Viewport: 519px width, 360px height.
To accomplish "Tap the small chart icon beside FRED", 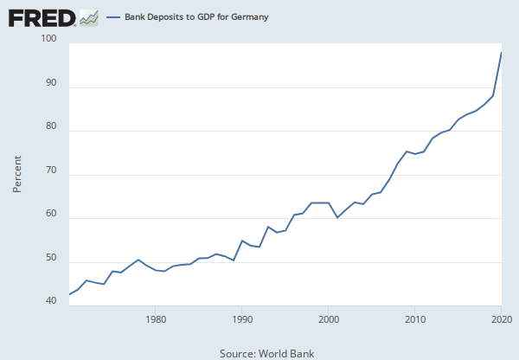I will point(89,16).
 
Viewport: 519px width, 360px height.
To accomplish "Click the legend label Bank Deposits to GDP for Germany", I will point(196,17).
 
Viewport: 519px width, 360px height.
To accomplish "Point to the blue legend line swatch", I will point(113,17).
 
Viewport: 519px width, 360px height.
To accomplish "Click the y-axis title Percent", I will point(17,172).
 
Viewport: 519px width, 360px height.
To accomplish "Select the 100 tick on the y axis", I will point(48,40).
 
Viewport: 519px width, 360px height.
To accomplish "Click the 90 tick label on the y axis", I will point(50,84).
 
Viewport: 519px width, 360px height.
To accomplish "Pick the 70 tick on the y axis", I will point(50,171).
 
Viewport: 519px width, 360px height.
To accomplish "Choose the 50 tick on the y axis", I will point(50,259).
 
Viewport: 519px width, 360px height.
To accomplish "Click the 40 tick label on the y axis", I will point(50,302).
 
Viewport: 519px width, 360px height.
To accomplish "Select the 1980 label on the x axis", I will point(156,319).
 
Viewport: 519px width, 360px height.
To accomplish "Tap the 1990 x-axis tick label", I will point(242,319).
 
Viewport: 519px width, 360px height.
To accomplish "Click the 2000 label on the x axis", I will point(329,319).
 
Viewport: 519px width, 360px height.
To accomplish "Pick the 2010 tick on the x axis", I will point(415,319).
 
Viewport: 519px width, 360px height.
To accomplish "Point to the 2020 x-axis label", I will point(501,319).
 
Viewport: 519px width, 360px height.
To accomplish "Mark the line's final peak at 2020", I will point(502,53).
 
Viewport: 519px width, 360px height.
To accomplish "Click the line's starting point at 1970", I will point(70,294).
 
